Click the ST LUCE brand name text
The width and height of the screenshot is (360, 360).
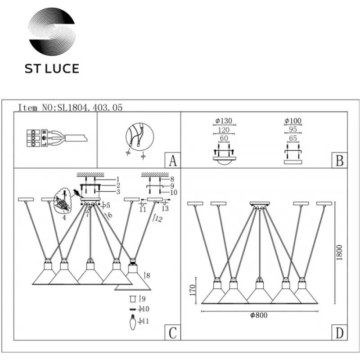(x=52, y=69)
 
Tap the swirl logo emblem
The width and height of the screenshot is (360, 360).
(x=52, y=31)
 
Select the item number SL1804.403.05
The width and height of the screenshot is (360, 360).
(x=90, y=108)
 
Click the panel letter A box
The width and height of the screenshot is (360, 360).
(x=173, y=160)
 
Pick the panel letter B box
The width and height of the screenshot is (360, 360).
(x=339, y=160)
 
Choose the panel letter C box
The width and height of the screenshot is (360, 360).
(x=173, y=332)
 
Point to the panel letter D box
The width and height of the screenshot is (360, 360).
(x=339, y=332)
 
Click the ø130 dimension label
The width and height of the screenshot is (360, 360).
(x=224, y=121)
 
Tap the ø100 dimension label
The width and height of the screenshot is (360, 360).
(x=293, y=121)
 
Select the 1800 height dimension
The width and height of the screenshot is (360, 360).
(x=339, y=252)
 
